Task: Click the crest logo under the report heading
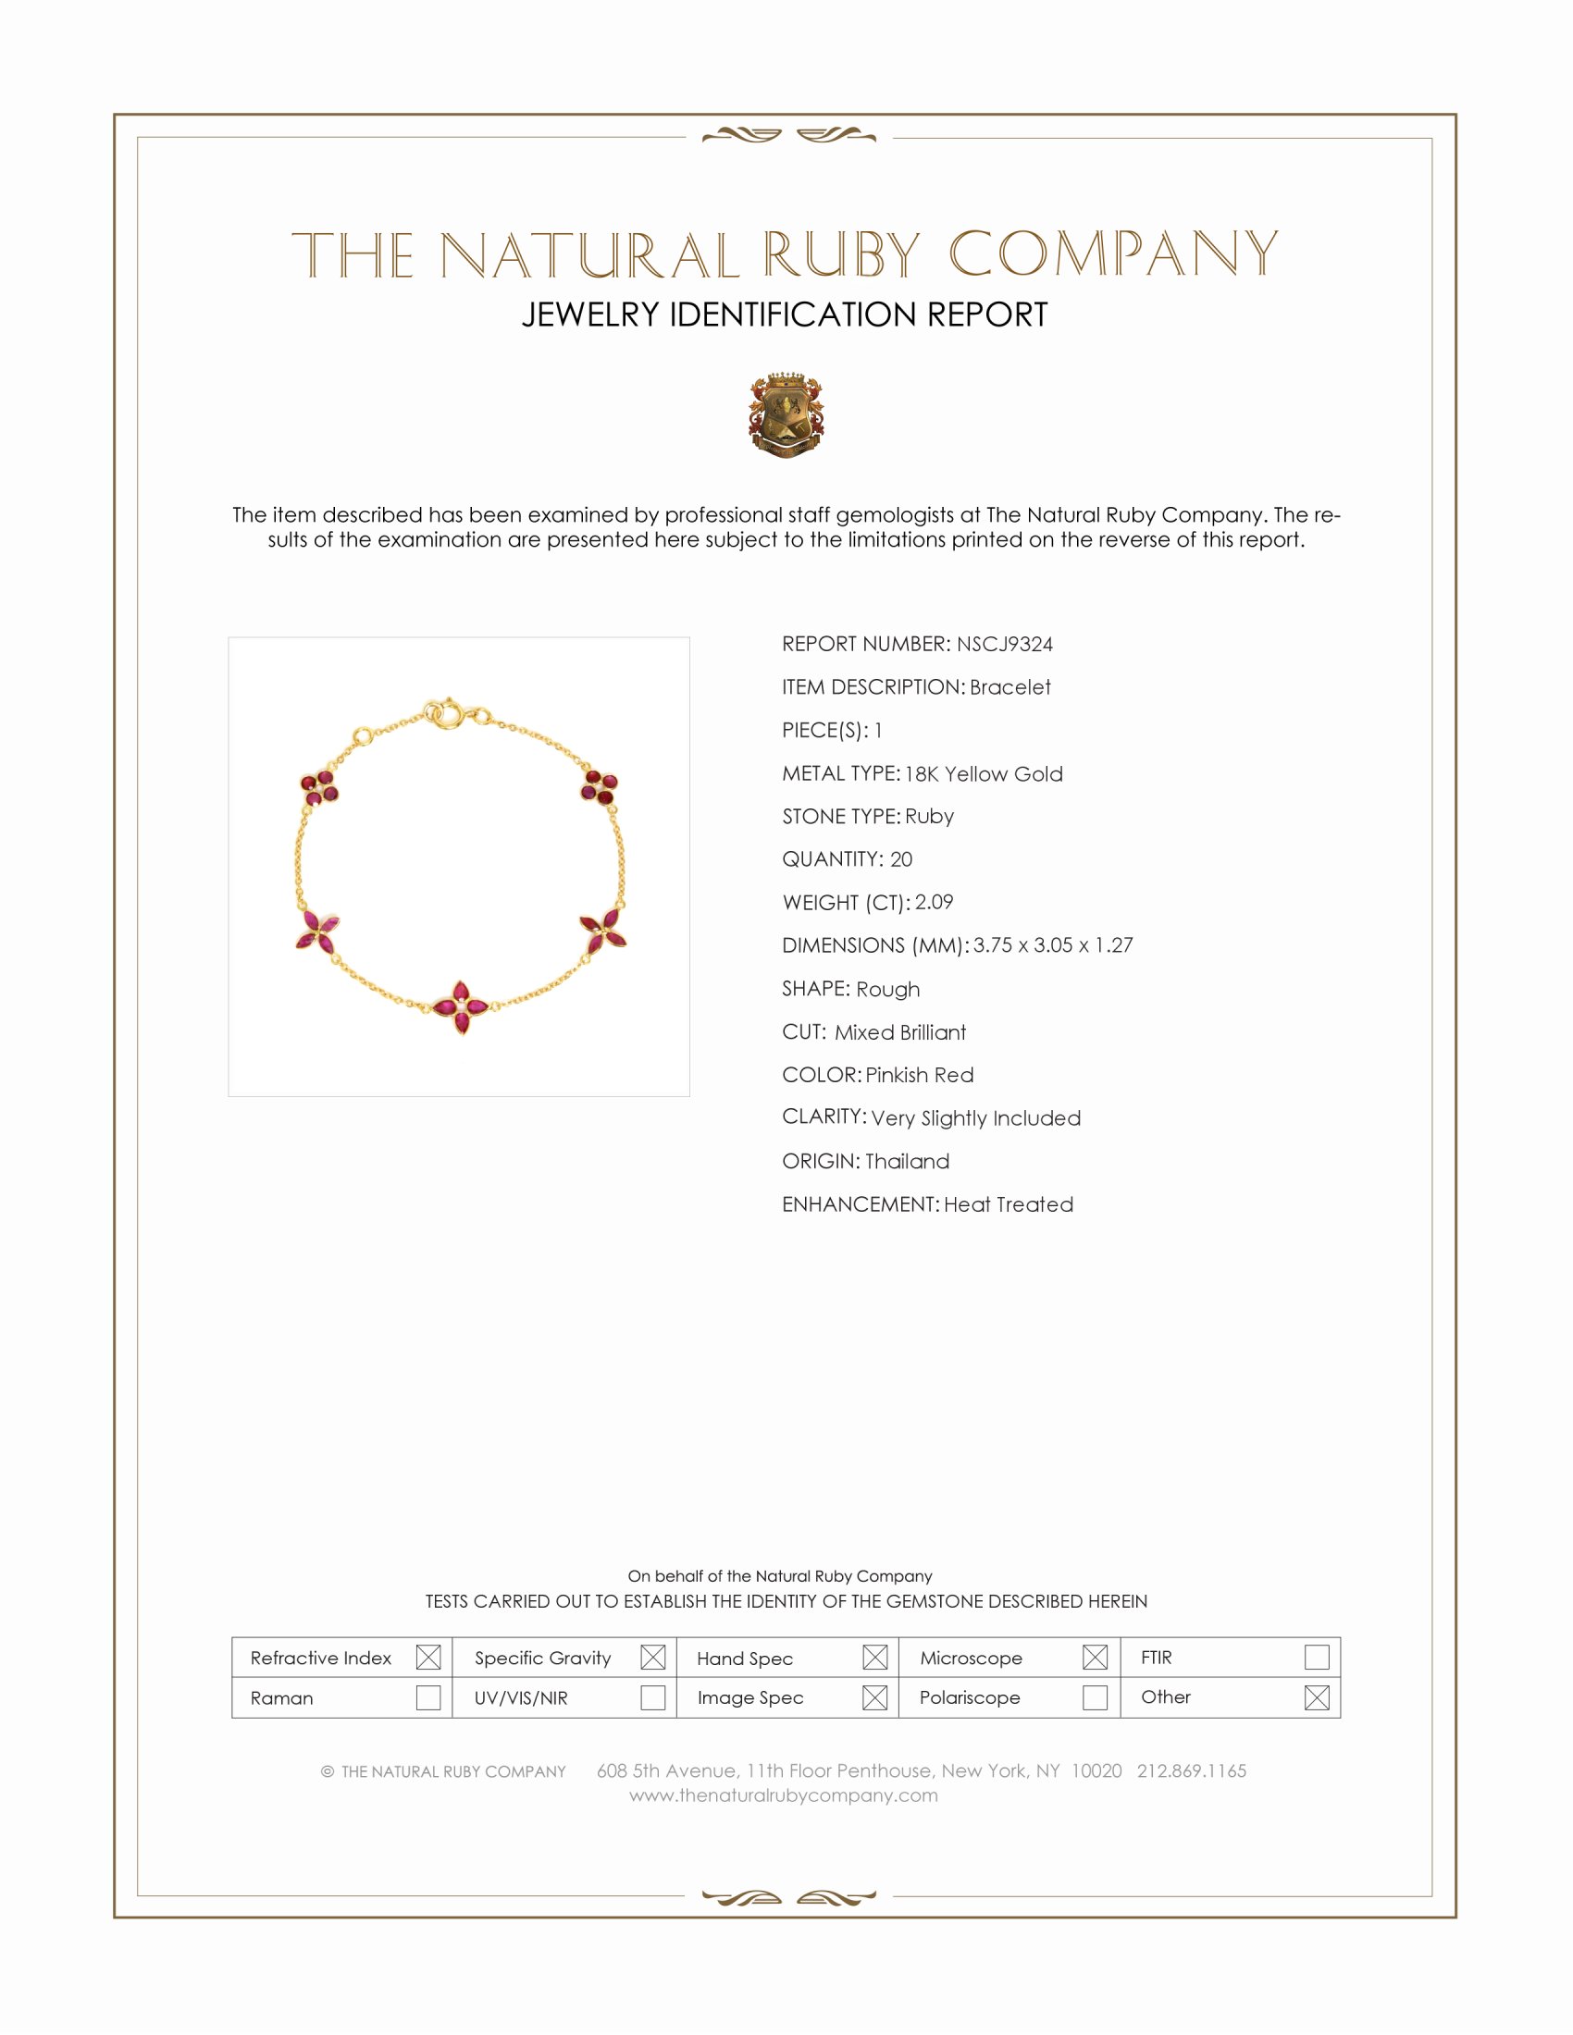(x=786, y=415)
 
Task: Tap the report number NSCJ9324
(x=1004, y=644)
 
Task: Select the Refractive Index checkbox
(x=427, y=1658)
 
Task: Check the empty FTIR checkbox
(x=1316, y=1658)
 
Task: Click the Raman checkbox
(x=427, y=1697)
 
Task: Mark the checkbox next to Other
(x=1316, y=1697)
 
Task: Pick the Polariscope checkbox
(x=1095, y=1697)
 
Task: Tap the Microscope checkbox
(x=1095, y=1658)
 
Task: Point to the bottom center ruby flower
(x=461, y=1007)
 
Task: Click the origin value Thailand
(x=907, y=1161)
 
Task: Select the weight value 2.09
(x=934, y=902)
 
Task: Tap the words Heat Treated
(x=1009, y=1203)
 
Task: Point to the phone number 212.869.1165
(x=1191, y=1770)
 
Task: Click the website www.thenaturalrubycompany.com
(x=784, y=1795)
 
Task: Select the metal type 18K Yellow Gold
(x=983, y=773)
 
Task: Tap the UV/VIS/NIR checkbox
(x=652, y=1697)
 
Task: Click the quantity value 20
(x=901, y=859)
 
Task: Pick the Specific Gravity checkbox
(x=652, y=1658)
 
